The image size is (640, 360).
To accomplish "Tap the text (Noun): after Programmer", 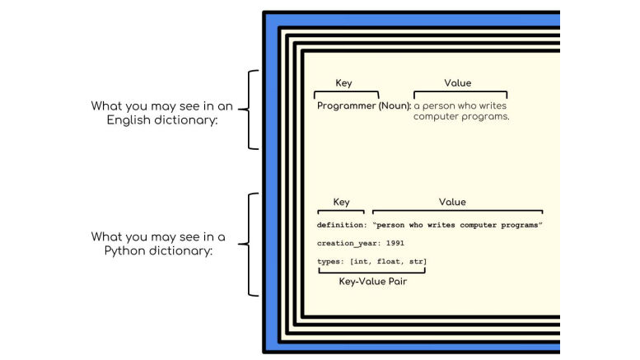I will (x=394, y=106).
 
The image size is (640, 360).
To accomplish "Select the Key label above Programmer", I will (x=343, y=83).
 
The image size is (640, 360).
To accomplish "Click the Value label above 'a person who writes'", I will (x=457, y=83).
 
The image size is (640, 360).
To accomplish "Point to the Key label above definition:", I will (x=340, y=203).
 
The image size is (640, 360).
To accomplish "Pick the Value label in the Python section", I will (x=452, y=203).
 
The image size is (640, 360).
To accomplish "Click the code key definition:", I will (x=342, y=225).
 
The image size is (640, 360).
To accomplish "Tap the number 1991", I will (x=395, y=243).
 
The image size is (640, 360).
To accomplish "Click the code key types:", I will (x=330, y=262).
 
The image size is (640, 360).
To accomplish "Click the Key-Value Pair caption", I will (x=373, y=282).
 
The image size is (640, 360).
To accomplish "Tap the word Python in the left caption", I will (x=124, y=250).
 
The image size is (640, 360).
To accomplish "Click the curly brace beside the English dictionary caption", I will (x=250, y=110).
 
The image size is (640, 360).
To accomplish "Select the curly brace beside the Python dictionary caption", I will (x=250, y=244).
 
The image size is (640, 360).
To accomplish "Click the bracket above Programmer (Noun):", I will (x=347, y=94).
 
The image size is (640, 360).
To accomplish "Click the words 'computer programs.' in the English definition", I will (x=461, y=117).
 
